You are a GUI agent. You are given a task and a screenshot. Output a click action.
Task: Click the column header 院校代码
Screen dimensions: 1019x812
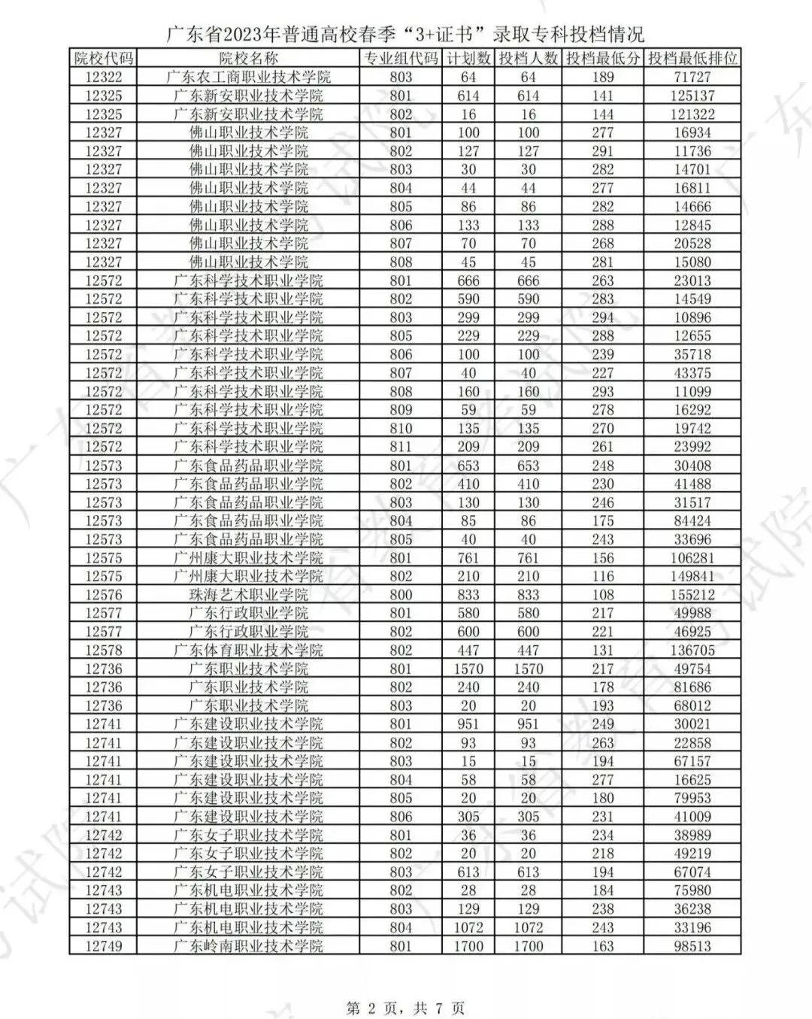pos(104,59)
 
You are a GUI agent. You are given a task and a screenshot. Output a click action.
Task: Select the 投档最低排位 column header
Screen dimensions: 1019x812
pos(692,59)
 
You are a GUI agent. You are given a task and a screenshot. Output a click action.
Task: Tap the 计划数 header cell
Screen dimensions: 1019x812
pos(468,59)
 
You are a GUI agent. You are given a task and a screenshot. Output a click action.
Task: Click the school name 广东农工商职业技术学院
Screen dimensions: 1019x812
pos(248,77)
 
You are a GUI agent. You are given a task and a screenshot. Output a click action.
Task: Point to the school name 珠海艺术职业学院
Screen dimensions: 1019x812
pos(248,595)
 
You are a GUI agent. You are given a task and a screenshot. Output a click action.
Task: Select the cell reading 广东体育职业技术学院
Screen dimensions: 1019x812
pos(248,651)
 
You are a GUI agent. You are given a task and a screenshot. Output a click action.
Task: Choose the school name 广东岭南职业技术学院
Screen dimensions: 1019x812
pos(248,946)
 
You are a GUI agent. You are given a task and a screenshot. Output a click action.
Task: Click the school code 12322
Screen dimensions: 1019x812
pos(104,77)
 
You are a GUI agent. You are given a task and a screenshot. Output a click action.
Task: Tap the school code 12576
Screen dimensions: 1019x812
pos(104,595)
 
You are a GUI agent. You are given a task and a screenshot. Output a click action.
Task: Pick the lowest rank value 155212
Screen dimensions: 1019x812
pos(692,595)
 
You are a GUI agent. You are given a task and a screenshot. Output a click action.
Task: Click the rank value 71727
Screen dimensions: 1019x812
pos(692,77)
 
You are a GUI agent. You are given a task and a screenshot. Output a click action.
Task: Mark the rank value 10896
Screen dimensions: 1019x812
pos(692,317)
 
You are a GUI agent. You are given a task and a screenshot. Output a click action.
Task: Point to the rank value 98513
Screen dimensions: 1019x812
pos(692,946)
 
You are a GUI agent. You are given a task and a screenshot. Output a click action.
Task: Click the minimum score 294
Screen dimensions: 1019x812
pos(603,317)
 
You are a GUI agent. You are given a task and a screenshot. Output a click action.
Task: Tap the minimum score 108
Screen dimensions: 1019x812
pos(603,595)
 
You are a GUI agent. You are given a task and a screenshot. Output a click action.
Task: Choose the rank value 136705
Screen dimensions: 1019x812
pos(692,651)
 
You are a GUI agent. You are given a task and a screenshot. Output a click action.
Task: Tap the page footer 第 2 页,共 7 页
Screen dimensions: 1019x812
pos(405,1007)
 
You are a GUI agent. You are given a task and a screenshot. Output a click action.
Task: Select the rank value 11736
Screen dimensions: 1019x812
pos(692,151)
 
